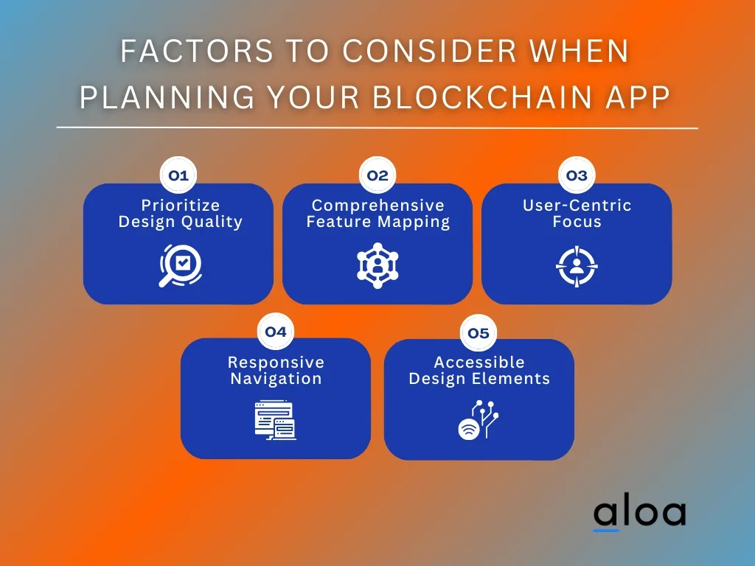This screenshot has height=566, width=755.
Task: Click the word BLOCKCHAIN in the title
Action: pos(483,97)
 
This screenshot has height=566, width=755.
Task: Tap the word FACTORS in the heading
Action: pos(196,51)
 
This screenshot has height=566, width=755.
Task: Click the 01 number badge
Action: pos(178,175)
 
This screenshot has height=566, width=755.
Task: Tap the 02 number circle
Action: pos(377,175)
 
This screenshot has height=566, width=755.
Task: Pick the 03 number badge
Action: pos(577,175)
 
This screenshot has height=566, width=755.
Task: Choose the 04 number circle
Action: pos(276,332)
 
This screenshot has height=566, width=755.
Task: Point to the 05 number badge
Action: pos(478,332)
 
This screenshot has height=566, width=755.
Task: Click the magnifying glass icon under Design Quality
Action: pos(180,265)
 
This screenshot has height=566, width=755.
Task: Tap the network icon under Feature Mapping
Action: pos(377,265)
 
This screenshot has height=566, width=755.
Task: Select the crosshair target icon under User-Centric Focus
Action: pos(577,266)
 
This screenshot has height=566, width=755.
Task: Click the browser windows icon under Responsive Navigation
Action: pos(276,420)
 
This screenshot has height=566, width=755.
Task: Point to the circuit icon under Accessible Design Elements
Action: pos(478,419)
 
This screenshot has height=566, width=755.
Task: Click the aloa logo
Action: pos(639,514)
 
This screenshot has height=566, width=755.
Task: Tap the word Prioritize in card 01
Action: pos(181,206)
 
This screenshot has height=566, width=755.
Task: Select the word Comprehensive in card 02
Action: pos(378,206)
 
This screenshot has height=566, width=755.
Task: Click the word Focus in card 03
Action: pos(577,222)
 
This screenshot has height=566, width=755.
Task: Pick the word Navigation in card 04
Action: pos(276,379)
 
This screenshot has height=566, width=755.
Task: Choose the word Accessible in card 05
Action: pos(479,362)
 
